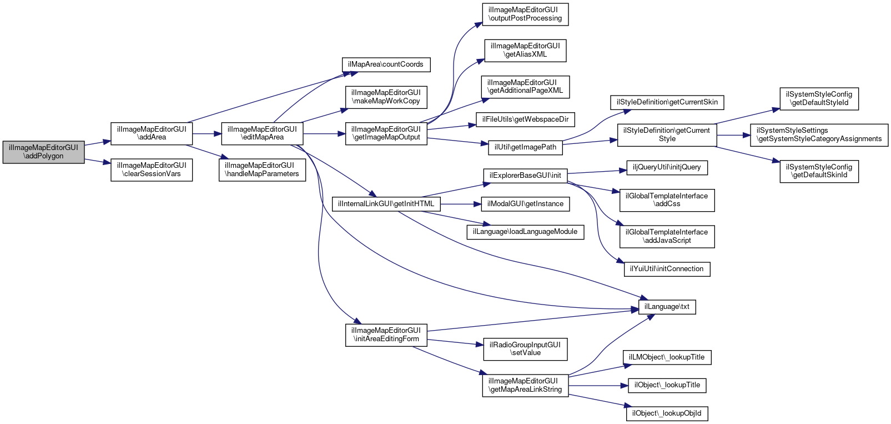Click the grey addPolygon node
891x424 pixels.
(x=43, y=152)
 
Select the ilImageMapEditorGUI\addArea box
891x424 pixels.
(x=152, y=133)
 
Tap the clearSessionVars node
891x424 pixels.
(x=152, y=169)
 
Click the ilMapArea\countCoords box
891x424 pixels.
(x=385, y=64)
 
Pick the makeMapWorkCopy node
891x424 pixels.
(x=386, y=97)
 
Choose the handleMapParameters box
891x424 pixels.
(x=262, y=169)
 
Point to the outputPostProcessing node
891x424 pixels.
(x=525, y=14)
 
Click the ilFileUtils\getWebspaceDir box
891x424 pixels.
(x=525, y=119)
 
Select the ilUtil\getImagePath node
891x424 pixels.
(x=525, y=147)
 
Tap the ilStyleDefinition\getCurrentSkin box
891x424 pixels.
(x=667, y=102)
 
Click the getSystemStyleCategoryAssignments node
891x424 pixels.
(x=819, y=134)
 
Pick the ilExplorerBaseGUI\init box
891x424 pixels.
(x=525, y=176)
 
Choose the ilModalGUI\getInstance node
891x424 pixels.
(x=525, y=204)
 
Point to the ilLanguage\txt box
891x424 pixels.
(x=667, y=307)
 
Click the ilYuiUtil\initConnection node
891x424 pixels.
(x=667, y=269)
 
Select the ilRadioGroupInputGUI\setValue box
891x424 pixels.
(x=525, y=349)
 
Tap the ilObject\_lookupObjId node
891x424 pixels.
(x=667, y=413)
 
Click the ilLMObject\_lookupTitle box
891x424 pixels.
(x=667, y=357)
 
